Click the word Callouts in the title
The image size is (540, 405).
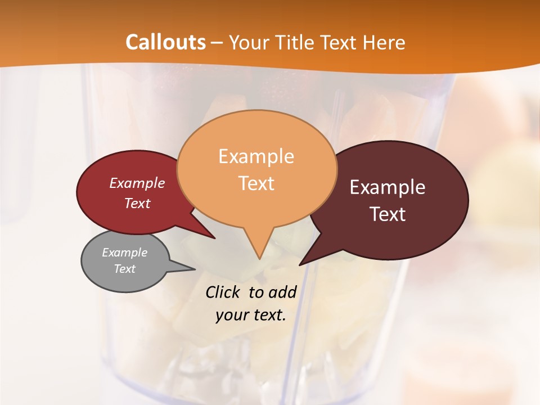coord(165,42)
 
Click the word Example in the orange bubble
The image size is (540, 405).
coord(256,156)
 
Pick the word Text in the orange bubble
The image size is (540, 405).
coord(256,183)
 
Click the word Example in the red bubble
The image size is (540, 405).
coord(137,183)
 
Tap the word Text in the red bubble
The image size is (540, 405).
coord(137,204)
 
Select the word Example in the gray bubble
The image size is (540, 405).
coord(124,253)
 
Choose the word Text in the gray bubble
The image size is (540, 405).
coord(124,269)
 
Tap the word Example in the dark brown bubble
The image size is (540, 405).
coord(388,187)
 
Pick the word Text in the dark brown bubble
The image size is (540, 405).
coord(388,214)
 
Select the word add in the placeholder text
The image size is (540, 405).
coord(282,292)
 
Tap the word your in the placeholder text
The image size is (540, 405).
coord(231,315)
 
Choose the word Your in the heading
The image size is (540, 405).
coord(249,42)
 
